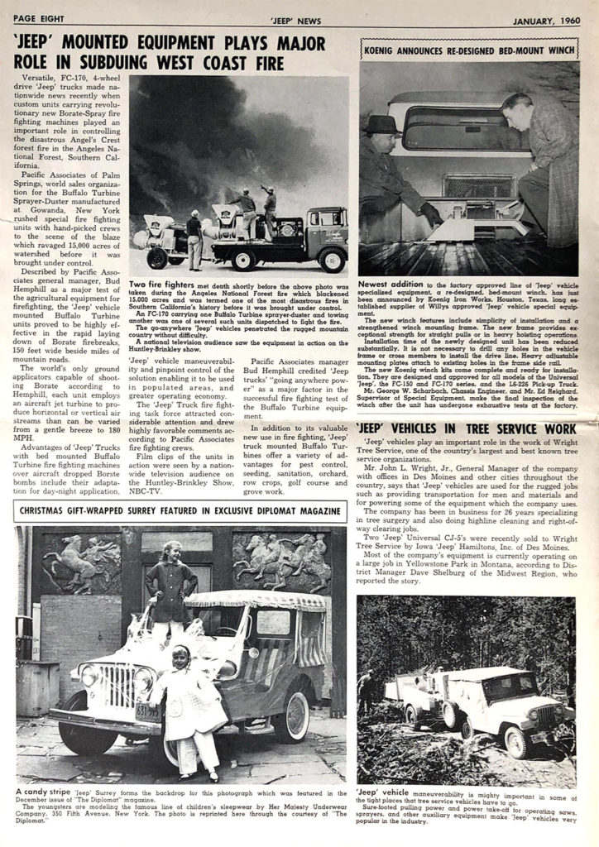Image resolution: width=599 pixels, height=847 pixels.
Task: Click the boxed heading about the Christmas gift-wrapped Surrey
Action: tap(180, 511)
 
